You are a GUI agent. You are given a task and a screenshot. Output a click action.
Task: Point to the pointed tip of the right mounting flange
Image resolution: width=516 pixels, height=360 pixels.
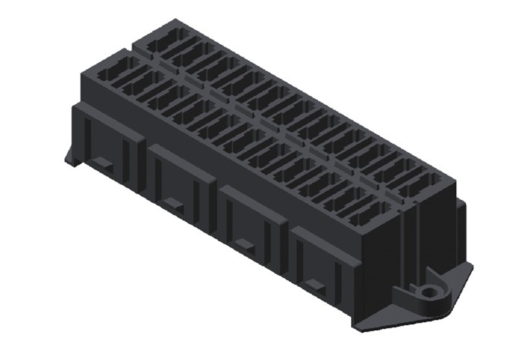click(471, 266)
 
